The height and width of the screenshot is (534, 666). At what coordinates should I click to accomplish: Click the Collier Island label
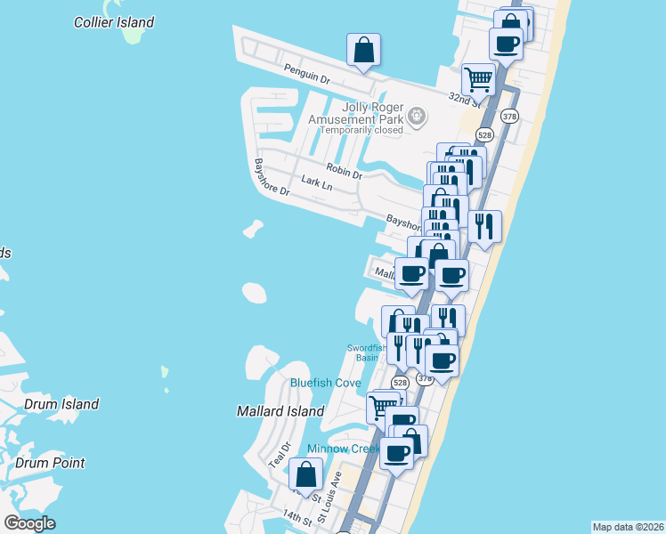114,22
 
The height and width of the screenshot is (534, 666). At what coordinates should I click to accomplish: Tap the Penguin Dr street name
307,75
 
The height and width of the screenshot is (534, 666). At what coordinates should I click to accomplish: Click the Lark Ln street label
316,182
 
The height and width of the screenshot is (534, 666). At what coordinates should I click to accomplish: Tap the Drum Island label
61,404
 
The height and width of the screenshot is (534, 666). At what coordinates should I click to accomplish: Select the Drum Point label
50,463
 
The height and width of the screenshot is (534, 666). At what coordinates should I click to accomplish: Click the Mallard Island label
280,411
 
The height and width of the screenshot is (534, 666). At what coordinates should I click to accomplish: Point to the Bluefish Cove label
325,384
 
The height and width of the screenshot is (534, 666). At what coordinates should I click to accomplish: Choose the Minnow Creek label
344,449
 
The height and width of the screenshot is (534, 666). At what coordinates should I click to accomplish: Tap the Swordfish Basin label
368,352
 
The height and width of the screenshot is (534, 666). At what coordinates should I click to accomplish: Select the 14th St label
297,517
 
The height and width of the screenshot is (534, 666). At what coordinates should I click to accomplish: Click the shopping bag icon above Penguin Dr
363,51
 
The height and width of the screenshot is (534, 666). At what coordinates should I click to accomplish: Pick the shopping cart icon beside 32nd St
479,79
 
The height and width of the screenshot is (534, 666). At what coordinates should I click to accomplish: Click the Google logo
29,523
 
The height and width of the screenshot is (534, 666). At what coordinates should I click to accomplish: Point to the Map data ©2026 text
627,527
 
